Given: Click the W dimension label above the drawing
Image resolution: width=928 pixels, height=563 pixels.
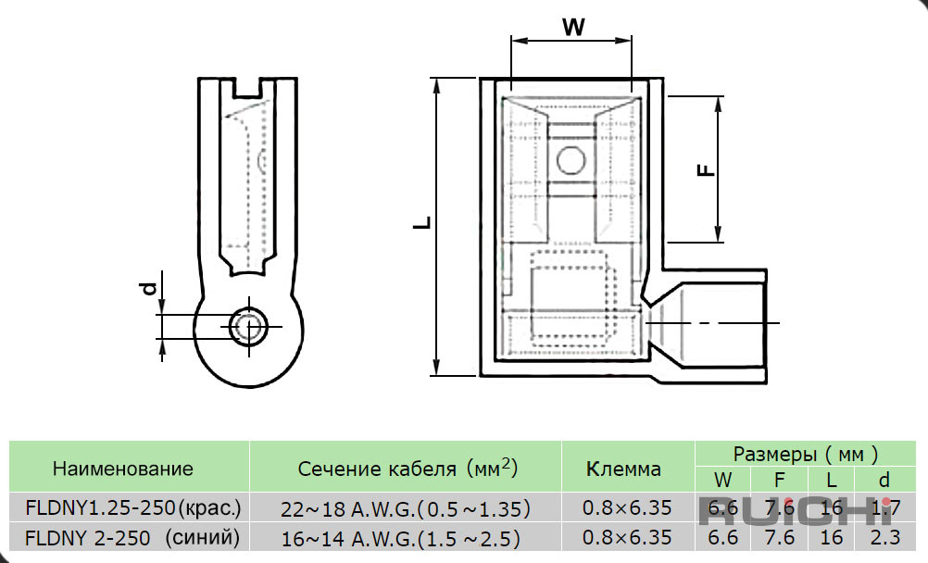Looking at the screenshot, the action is click(573, 27).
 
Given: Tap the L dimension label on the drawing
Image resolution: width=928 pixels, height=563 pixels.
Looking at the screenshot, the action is click(422, 222).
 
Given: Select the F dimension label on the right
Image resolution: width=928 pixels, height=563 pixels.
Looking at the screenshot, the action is click(706, 170).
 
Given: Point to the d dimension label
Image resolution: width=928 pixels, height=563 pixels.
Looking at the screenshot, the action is click(149, 288).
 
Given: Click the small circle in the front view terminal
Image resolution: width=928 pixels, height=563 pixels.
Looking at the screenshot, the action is click(571, 160).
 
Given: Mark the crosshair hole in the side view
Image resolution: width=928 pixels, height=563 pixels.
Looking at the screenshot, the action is click(248, 326).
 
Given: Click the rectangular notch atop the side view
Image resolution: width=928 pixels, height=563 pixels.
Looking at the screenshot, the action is click(247, 88).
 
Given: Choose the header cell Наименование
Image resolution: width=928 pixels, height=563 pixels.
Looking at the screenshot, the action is click(122, 469).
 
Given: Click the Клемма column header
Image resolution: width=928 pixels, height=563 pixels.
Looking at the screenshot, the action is click(623, 469).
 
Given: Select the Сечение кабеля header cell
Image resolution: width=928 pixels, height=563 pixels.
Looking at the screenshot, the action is click(408, 468).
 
